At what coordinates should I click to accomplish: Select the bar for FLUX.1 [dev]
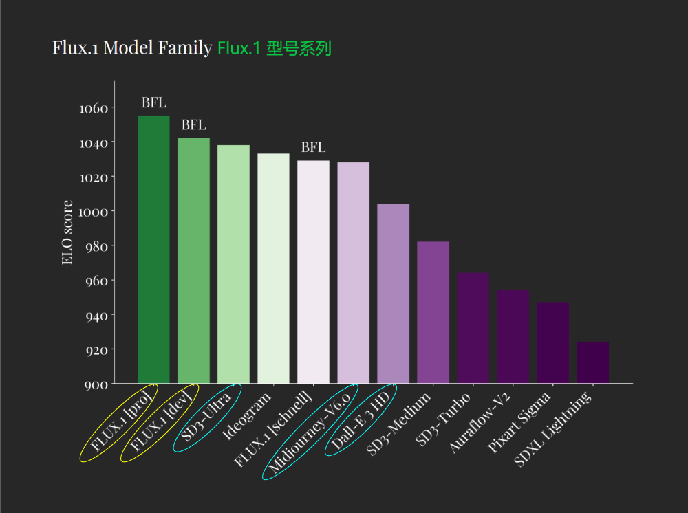tap(193, 261)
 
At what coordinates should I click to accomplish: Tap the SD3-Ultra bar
tap(233, 264)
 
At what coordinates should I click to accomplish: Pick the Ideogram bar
tap(273, 268)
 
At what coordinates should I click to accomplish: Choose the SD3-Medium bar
tap(433, 312)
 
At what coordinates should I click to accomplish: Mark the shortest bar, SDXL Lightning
tap(592, 362)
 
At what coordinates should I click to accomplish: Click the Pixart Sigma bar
tap(552, 342)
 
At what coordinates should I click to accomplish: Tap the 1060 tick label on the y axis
tap(94, 109)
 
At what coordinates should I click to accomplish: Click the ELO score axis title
tap(67, 232)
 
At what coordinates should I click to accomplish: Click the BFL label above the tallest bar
tap(153, 103)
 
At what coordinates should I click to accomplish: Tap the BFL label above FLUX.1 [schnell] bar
tap(313, 148)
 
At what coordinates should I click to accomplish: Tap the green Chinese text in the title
tap(275, 49)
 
